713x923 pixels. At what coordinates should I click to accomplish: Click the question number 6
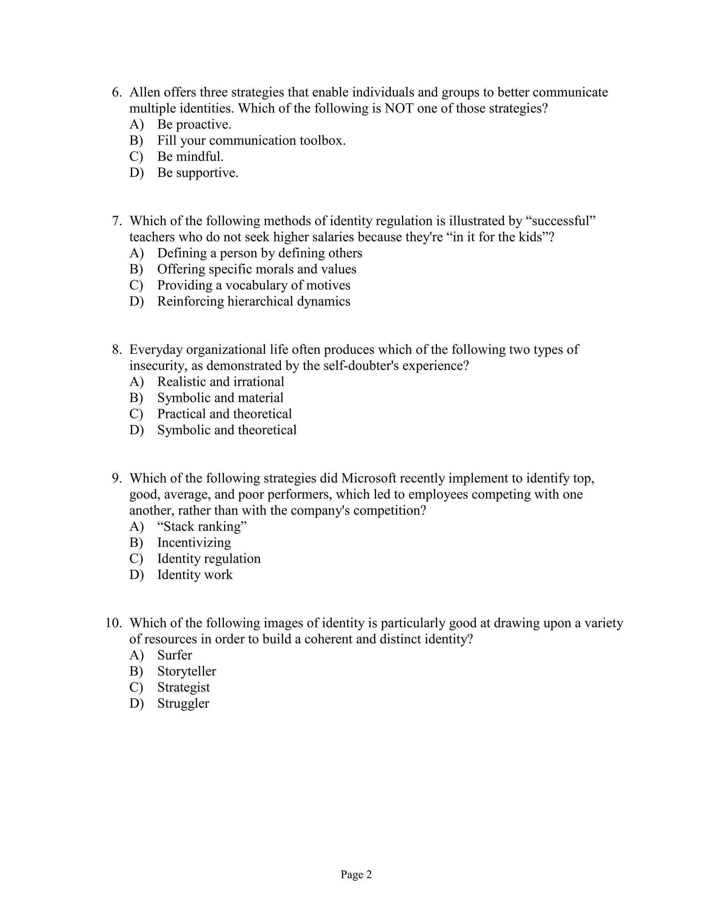coord(117,93)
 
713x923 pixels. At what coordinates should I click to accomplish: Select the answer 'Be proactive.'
coord(194,125)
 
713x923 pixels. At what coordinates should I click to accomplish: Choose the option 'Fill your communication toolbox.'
coord(251,141)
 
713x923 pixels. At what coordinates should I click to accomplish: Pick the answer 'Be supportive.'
coord(198,173)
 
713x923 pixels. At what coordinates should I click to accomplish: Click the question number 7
coord(117,221)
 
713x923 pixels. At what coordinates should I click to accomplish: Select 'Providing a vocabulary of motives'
coord(253,285)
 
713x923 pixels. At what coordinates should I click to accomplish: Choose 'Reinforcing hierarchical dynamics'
coord(253,301)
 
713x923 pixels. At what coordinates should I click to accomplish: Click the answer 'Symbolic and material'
coord(220,398)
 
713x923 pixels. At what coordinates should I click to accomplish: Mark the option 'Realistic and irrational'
coord(220,382)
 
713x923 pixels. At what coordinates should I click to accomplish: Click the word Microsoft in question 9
coord(369,479)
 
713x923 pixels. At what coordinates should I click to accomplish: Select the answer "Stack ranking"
coord(202,527)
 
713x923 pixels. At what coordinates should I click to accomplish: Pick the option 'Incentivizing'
coord(194,543)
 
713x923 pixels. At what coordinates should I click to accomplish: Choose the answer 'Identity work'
coord(195,575)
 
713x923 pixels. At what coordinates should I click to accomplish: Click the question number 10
coord(113,623)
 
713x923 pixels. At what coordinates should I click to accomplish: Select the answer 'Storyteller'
coord(186,671)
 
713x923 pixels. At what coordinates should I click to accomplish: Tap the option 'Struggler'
coord(183,703)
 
